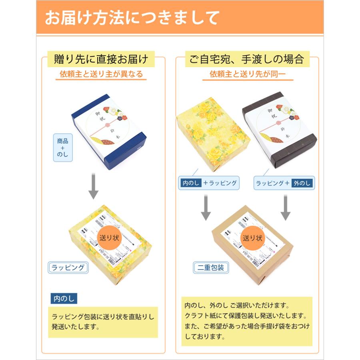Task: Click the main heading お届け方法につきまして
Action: coord(132,18)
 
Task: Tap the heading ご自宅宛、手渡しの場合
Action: coord(247,60)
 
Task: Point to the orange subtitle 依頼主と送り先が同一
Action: coord(247,74)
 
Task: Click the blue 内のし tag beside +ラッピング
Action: coord(190,183)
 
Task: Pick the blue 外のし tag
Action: coord(302,183)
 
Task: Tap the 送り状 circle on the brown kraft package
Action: coord(252,238)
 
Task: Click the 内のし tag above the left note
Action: coord(64,298)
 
